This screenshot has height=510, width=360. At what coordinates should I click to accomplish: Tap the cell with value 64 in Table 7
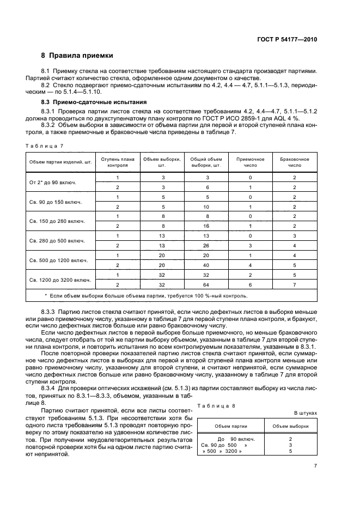(x=205, y=285)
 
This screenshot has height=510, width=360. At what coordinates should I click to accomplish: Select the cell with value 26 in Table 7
(x=205, y=246)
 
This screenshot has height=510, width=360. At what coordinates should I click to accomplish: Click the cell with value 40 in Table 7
(x=205, y=265)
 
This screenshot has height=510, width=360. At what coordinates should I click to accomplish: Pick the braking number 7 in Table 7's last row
(x=294, y=285)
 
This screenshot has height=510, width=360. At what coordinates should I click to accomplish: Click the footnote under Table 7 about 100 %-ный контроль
(x=145, y=296)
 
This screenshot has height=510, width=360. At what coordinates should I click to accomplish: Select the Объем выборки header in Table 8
(x=290, y=426)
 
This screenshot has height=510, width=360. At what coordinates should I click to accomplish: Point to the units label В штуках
(x=305, y=414)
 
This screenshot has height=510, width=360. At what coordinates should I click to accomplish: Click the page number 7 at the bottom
(x=315, y=466)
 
